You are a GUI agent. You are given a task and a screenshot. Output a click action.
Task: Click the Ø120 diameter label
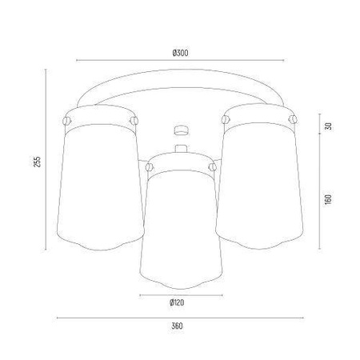(x=178, y=303)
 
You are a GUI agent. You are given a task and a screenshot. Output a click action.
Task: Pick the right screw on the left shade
(x=133, y=120)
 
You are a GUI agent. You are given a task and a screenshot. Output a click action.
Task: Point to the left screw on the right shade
(x=224, y=120)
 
